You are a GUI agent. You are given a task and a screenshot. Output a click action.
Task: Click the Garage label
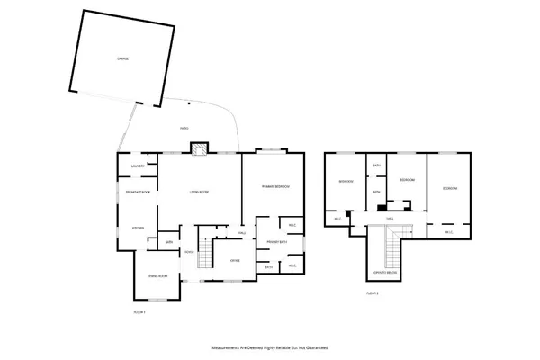(122, 58)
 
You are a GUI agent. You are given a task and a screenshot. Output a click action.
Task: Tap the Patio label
(184, 128)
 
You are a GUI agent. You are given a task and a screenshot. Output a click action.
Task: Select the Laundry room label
(138, 166)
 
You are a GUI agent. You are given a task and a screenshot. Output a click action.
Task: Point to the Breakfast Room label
(138, 193)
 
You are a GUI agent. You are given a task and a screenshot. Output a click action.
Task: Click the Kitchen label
(138, 228)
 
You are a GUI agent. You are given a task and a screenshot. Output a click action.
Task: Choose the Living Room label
(199, 193)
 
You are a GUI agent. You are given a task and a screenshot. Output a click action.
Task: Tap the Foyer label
(189, 252)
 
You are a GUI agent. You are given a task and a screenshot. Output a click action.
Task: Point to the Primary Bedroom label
(275, 185)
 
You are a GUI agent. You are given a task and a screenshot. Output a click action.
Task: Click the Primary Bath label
(276, 243)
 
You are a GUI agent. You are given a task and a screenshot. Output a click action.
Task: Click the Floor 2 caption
(372, 293)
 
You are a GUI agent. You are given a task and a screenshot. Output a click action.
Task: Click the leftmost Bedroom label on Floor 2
(346, 182)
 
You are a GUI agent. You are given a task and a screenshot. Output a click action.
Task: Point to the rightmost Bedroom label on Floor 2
(450, 188)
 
